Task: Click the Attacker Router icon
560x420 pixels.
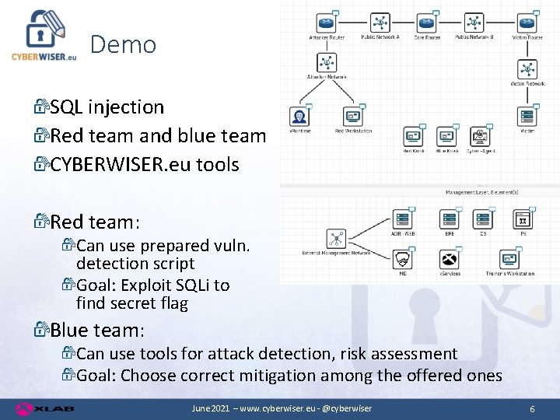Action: click(x=327, y=23)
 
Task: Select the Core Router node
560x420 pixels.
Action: click(x=427, y=23)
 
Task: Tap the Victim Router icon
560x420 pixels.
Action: click(x=527, y=23)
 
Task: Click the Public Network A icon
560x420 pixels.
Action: click(x=380, y=23)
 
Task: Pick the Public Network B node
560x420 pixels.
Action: click(x=474, y=23)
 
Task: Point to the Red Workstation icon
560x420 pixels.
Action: click(x=353, y=117)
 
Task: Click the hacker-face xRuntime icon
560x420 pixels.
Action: click(x=299, y=117)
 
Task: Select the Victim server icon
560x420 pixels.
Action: click(x=527, y=117)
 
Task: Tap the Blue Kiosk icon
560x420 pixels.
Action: click(x=446, y=137)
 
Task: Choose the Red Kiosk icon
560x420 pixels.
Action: click(x=413, y=137)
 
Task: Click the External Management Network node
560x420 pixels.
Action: click(x=336, y=239)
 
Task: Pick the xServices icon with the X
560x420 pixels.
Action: click(x=449, y=260)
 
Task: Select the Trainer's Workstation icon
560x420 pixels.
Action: click(x=509, y=260)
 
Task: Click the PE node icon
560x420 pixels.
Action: click(x=523, y=219)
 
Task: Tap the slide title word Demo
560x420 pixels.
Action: click(x=123, y=45)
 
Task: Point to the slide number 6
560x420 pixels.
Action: click(x=531, y=408)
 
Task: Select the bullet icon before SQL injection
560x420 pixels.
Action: click(x=41, y=107)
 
